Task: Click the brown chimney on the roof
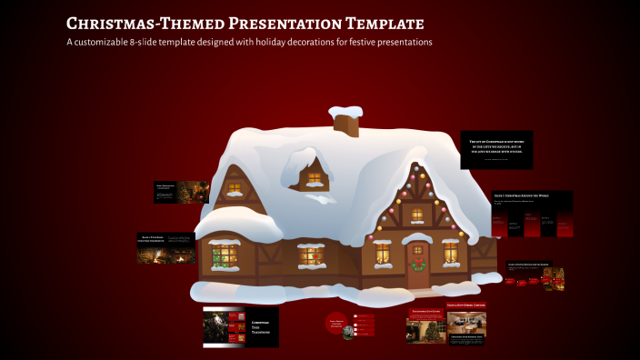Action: point(345,120)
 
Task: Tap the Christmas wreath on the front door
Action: point(418,265)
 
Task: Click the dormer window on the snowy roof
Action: point(315,178)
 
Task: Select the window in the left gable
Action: point(235,189)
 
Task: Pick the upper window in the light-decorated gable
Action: point(417,215)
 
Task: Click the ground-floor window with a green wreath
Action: point(223,257)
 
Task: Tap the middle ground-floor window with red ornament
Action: point(311,257)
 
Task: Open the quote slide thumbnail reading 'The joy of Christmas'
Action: point(496,148)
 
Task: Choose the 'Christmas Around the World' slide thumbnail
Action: point(532,214)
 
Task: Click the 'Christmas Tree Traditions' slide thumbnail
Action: point(241,326)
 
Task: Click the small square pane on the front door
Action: point(418,249)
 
